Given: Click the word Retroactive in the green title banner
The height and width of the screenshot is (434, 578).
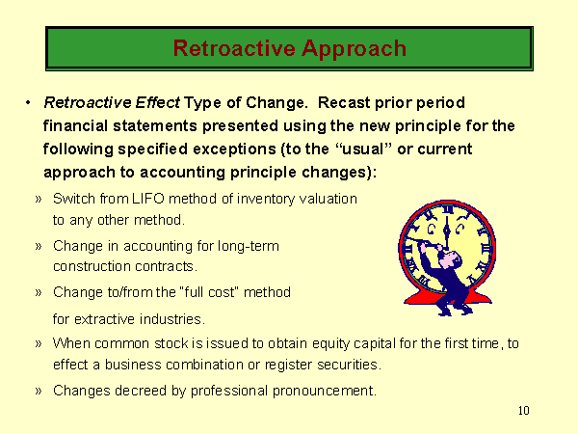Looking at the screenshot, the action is [234, 48].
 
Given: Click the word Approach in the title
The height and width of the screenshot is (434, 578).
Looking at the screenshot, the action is [354, 49].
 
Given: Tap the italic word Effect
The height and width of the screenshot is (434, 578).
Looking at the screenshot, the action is [157, 102].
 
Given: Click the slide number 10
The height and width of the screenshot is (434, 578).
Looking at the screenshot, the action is [523, 411].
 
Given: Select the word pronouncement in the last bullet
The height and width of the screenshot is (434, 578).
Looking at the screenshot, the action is [325, 391].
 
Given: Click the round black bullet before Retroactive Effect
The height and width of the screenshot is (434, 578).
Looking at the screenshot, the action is [28, 102].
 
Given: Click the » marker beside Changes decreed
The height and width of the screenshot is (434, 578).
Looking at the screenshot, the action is [39, 391].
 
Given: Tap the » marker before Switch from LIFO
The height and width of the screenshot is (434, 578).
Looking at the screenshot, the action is [39, 200].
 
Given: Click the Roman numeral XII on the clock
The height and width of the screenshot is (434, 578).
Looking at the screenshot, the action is [447, 209].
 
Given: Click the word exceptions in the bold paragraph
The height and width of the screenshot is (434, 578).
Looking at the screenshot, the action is [234, 149].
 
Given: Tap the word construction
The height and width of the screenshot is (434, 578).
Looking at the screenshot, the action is [92, 266].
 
